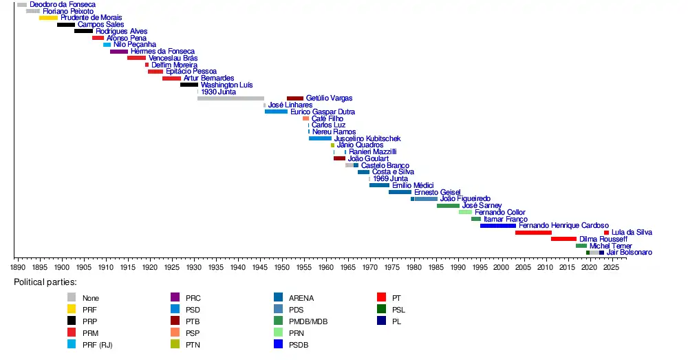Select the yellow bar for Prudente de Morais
click(48, 18)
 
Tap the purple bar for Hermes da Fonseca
click(119, 52)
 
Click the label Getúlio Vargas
click(329, 98)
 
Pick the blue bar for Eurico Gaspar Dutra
click(277, 112)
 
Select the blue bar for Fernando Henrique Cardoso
click(498, 226)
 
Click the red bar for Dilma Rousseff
click(563, 239)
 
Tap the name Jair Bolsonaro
click(630, 253)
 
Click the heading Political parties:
click(45, 282)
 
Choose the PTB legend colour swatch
click(175, 321)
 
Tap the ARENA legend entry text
click(301, 298)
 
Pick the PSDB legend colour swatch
click(278, 344)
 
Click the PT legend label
click(396, 298)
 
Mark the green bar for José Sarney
click(448, 206)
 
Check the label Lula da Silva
click(632, 233)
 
